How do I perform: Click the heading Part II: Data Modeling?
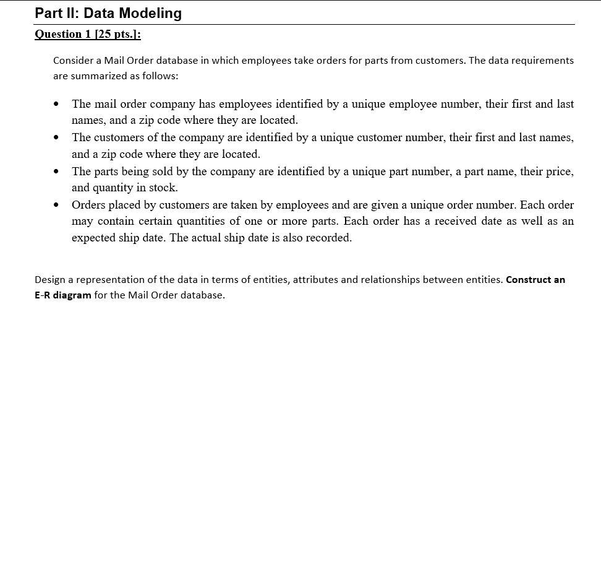[108, 13]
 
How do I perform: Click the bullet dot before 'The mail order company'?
[58, 103]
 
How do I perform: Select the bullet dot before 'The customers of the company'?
[58, 137]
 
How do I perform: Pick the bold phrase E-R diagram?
[63, 295]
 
